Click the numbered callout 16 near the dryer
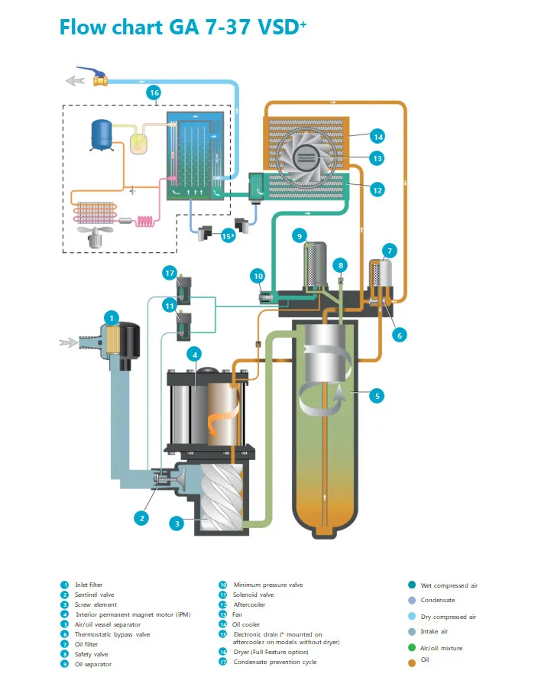pos(154,92)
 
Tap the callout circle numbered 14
pos(377,137)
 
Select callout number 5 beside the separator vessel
pos(377,395)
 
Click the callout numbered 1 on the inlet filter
pos(112,317)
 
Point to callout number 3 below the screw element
pos(177,523)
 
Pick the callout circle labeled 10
pos(258,275)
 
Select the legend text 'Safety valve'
pos(92,654)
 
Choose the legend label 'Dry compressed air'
pos(449,617)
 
